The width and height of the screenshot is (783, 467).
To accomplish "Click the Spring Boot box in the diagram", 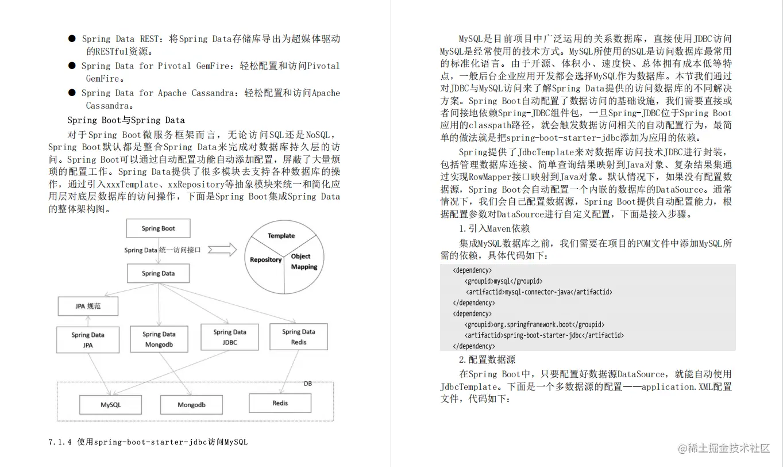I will point(158,228).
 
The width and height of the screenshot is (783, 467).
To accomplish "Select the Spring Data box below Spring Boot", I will point(158,273).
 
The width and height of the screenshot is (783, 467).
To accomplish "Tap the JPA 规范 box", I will point(88,306).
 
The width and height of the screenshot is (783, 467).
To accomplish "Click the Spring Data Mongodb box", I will point(159,339).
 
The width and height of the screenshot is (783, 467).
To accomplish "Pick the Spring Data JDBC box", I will point(229,337).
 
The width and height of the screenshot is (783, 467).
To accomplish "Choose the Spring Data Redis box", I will point(298,336).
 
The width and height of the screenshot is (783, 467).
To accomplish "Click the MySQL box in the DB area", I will point(111,404).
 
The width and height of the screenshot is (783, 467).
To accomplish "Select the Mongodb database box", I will point(191,404).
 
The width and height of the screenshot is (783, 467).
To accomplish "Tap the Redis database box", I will point(280,403).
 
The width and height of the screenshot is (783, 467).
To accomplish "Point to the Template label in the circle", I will point(281,236).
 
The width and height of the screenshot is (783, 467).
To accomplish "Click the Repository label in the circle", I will point(265,260).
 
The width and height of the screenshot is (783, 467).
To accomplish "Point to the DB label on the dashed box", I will point(307,384).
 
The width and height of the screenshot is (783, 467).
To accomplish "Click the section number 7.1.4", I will point(60,442).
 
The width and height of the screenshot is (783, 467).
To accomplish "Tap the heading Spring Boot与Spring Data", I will point(126,120).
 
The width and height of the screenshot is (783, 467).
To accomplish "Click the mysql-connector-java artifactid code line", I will point(539,292).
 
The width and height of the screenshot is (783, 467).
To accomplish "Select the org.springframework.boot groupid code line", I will point(534,324).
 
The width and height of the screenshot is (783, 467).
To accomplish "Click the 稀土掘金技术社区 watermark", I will point(723,448).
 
